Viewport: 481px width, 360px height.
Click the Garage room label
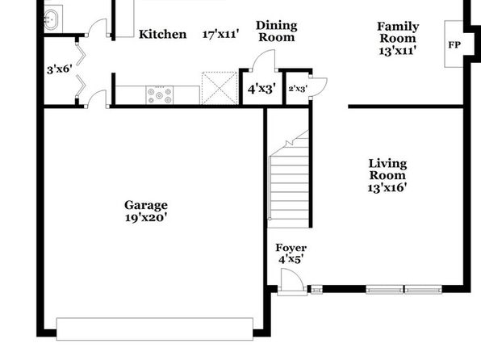(x=146, y=205)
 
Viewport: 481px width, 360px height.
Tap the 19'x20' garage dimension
(x=146, y=218)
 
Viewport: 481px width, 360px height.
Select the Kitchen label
(x=162, y=34)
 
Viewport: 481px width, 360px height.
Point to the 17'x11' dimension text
(x=220, y=34)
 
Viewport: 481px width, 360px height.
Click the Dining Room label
(x=277, y=31)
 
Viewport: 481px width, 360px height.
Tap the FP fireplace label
(x=454, y=45)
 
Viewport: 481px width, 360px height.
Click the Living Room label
(x=387, y=170)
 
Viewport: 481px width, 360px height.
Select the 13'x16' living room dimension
(x=387, y=187)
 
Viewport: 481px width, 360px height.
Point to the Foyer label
(x=291, y=248)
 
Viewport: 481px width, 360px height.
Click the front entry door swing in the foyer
(x=292, y=278)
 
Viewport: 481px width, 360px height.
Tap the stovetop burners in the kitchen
(x=159, y=95)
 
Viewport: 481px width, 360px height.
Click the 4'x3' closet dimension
(x=261, y=89)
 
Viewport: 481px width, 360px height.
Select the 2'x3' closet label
(x=298, y=89)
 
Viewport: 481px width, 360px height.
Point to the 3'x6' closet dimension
(x=60, y=69)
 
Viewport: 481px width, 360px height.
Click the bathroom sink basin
(x=50, y=19)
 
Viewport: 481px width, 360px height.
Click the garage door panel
(x=155, y=329)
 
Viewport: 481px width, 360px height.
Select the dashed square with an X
(x=220, y=88)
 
